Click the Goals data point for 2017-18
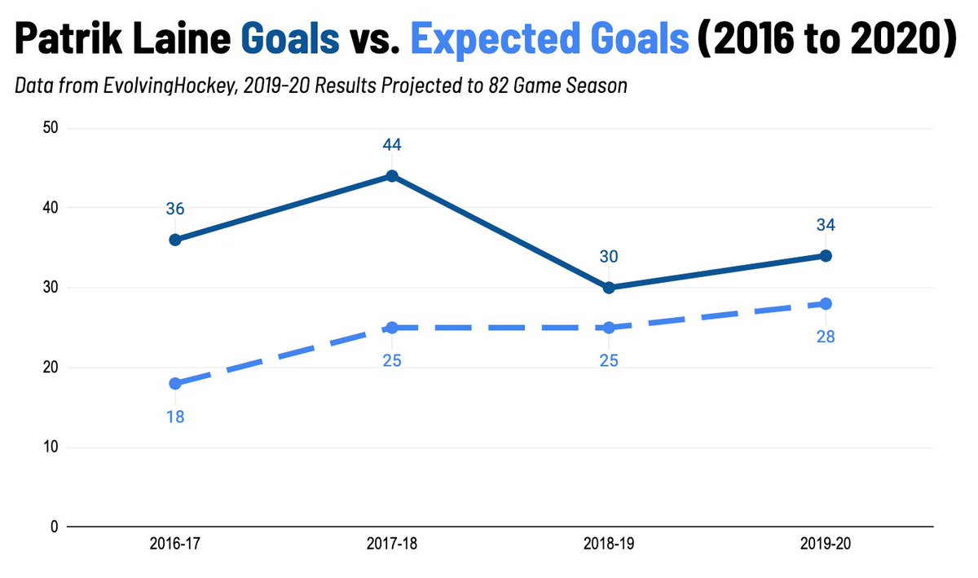point(391,176)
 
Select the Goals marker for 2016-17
point(174,240)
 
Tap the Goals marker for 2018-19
point(608,288)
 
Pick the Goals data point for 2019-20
point(826,256)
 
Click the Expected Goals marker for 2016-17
point(174,383)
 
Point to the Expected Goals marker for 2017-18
point(391,328)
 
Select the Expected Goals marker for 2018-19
point(608,328)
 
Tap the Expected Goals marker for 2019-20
point(826,303)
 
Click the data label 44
point(391,145)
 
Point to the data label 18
point(174,417)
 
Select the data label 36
point(174,209)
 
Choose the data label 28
point(826,337)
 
